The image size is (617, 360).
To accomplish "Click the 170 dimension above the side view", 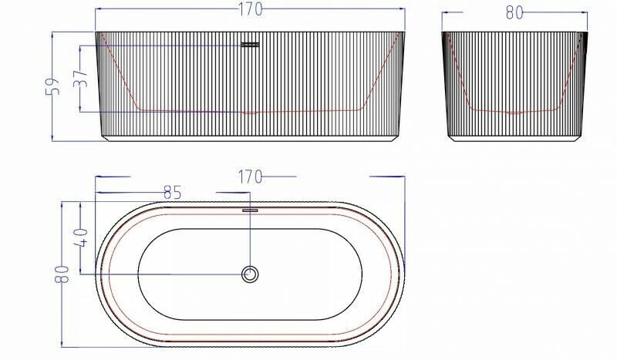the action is click(250, 9).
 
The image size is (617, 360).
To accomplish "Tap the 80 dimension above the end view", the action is click(514, 13).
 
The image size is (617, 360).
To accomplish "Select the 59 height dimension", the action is click(52, 86).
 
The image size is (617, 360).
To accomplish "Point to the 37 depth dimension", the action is click(80, 79).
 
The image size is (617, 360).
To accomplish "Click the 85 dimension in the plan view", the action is click(172, 193).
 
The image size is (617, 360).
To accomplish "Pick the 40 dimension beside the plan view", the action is click(81, 237).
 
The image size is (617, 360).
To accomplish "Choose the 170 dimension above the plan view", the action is click(250, 177).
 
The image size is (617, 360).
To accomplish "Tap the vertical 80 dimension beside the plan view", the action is click(62, 274).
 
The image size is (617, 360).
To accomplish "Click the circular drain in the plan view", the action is click(250, 274).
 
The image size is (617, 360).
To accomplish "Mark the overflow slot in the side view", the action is click(250, 45).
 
